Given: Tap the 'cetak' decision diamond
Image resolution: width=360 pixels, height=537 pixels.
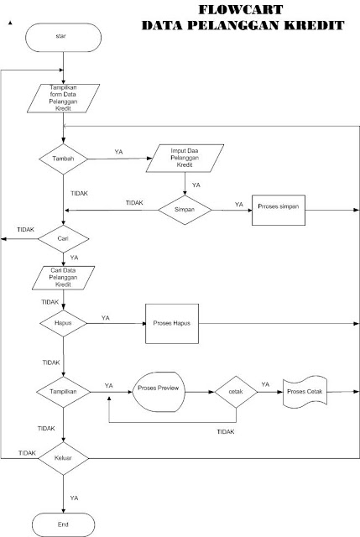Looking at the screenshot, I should (x=235, y=391).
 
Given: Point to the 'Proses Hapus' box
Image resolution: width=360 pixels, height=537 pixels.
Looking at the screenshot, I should (x=174, y=323).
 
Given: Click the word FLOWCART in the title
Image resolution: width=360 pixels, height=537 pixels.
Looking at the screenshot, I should (x=242, y=10).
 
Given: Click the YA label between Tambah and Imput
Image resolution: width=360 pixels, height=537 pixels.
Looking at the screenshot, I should (x=119, y=152).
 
